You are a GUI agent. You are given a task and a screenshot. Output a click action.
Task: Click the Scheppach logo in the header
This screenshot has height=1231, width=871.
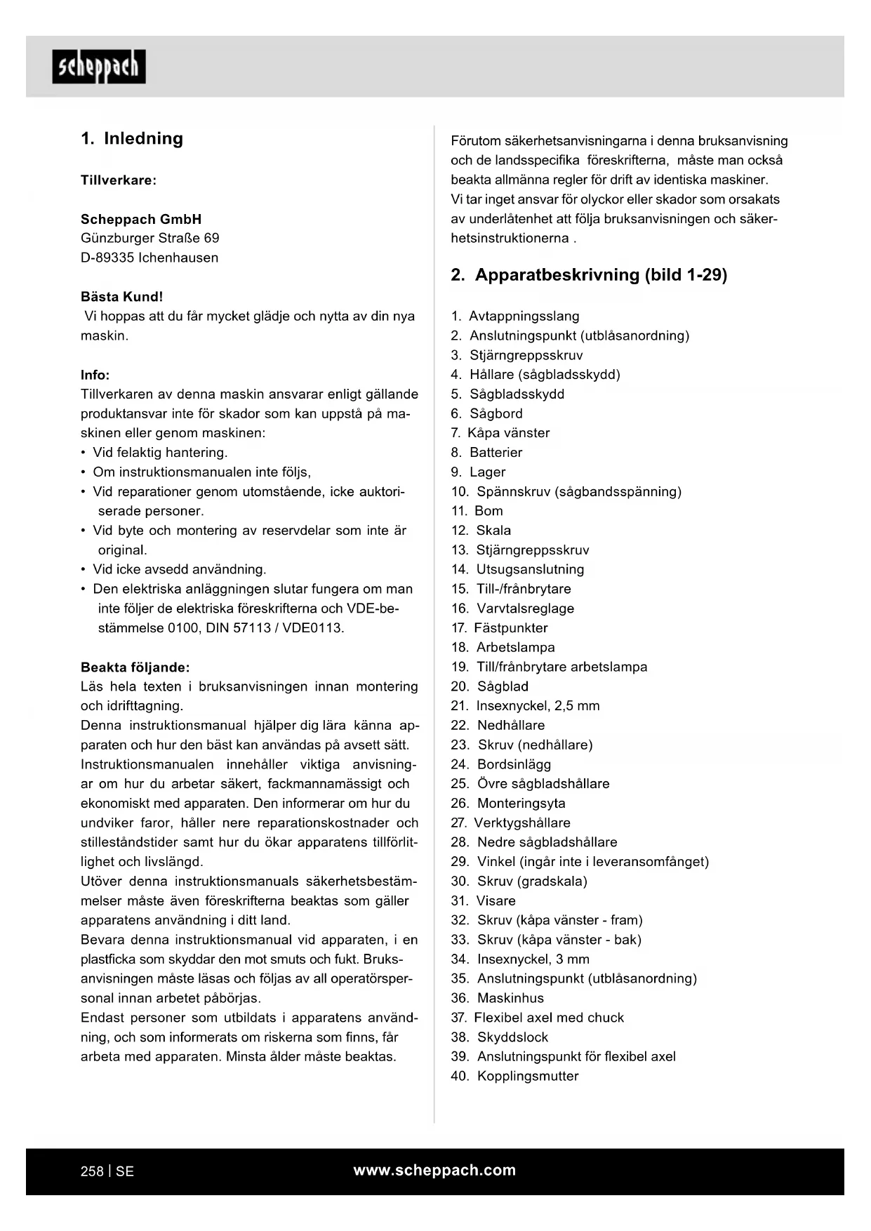tap(99, 67)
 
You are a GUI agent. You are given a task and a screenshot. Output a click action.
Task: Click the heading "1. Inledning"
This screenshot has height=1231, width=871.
tap(132, 138)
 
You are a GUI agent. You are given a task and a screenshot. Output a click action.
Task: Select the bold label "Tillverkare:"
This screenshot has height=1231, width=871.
tap(119, 180)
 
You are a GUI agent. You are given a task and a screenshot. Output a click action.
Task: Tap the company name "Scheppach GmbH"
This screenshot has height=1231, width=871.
tap(141, 219)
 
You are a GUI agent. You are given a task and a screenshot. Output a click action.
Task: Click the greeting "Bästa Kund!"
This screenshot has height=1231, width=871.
tap(121, 297)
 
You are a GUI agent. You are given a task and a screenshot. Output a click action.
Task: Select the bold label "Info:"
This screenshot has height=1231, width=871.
tap(95, 375)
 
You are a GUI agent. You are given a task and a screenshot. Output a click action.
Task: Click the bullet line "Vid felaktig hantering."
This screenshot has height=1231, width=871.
tap(160, 453)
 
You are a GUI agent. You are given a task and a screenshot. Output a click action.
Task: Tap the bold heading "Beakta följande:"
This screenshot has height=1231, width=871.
tap(135, 667)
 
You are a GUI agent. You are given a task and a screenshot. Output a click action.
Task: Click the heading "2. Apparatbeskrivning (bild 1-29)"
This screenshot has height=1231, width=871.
tap(589, 275)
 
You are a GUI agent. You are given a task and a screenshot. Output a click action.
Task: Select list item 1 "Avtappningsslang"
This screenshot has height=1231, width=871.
tap(524, 317)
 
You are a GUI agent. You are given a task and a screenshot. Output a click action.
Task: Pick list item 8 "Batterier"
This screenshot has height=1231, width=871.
tap(496, 453)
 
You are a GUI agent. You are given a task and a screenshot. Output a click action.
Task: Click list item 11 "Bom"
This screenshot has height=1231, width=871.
tap(488, 511)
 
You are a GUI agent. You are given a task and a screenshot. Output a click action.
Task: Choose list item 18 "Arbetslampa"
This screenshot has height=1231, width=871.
tap(515, 648)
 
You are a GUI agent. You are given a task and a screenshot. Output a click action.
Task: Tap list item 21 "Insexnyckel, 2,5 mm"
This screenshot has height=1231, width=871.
tap(538, 706)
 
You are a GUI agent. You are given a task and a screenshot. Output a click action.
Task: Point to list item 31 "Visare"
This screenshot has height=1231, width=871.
tap(496, 901)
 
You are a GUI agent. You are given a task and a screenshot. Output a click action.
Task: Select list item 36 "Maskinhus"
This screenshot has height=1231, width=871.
tap(510, 998)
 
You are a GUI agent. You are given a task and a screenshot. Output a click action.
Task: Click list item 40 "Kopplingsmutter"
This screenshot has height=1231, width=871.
tap(527, 1077)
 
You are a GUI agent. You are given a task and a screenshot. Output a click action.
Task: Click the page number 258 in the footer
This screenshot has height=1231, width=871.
tap(92, 1171)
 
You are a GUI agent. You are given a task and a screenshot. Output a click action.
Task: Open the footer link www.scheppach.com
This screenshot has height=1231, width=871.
tap(434, 1170)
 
